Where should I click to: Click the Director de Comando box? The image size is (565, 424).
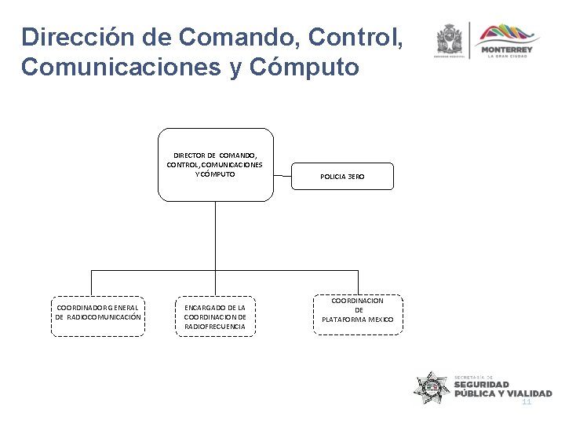pyautogui.click(x=215, y=164)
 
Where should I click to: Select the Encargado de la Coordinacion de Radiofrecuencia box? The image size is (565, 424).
pyautogui.click(x=215, y=316)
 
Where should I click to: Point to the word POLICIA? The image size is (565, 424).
pyautogui.click(x=334, y=177)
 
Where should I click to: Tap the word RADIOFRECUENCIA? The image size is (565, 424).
pyautogui.click(x=215, y=326)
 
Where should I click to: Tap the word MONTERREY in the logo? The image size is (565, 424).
pyautogui.click(x=507, y=50)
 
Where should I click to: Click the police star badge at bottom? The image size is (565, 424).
pyautogui.click(x=432, y=387)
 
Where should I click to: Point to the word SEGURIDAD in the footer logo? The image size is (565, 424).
pyautogui.click(x=482, y=385)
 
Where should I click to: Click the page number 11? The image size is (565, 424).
pyautogui.click(x=527, y=401)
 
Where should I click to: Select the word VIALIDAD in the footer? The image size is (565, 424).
pyautogui.click(x=530, y=393)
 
